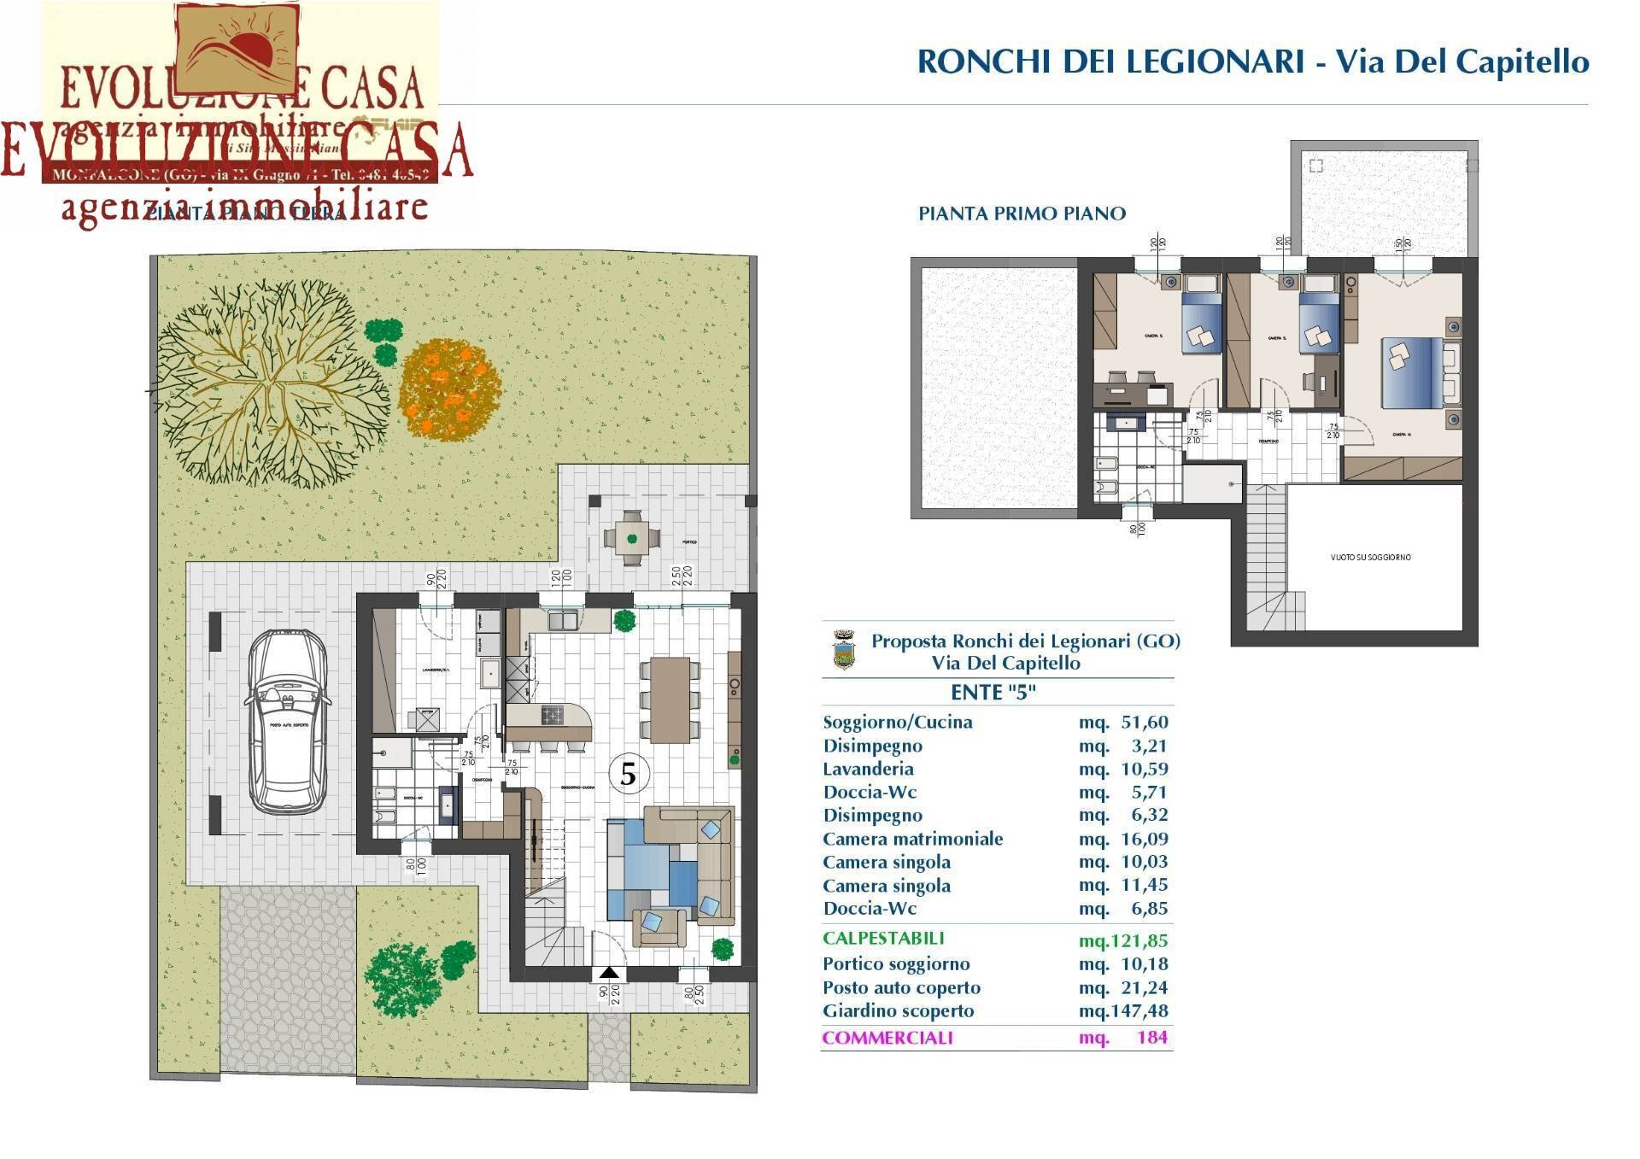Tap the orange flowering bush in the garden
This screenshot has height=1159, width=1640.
click(x=449, y=389)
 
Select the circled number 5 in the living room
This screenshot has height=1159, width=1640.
click(x=629, y=774)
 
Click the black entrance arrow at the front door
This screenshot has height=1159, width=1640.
click(x=609, y=972)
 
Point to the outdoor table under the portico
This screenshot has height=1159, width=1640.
click(x=631, y=538)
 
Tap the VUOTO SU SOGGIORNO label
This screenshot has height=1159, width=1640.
click(x=1370, y=557)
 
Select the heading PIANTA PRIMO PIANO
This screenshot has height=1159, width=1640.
click(x=1022, y=214)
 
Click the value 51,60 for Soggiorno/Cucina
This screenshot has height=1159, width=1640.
click(x=1144, y=722)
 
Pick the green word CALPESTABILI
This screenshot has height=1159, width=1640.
click(x=883, y=938)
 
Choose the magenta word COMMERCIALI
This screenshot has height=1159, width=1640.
click(x=887, y=1038)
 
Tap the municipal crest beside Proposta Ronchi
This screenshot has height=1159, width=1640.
click(x=843, y=650)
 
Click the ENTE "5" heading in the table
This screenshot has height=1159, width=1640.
click(x=993, y=692)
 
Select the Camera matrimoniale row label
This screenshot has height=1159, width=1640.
click(x=912, y=839)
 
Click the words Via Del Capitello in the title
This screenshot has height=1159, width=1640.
click(x=1461, y=61)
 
